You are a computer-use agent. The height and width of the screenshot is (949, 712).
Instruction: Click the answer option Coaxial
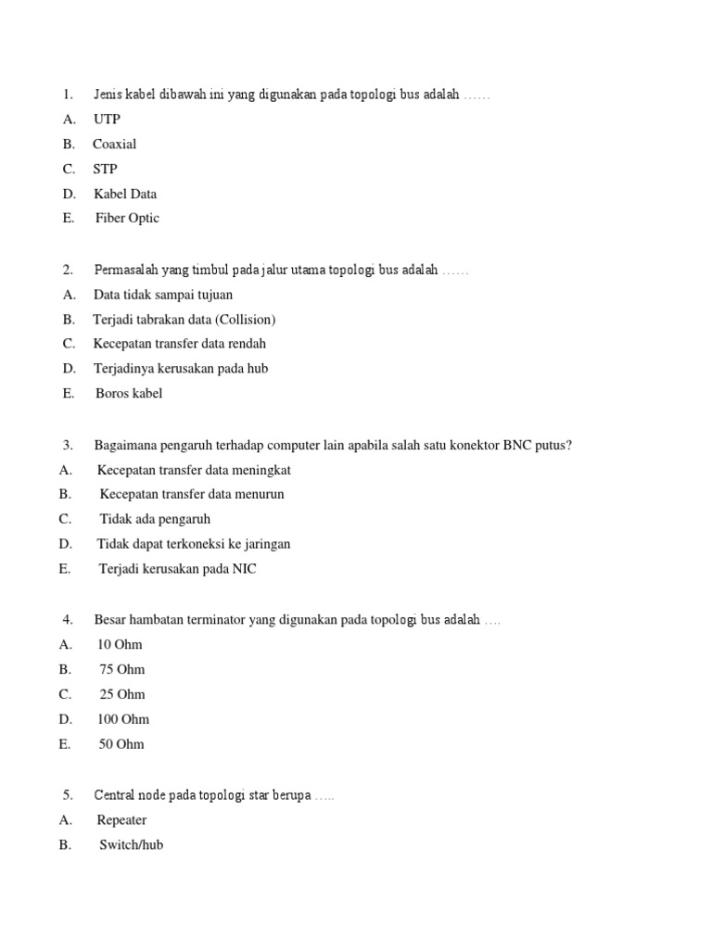click(114, 144)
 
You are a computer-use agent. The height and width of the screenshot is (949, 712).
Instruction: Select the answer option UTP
click(107, 119)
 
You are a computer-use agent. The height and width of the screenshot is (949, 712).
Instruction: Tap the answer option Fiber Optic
click(127, 218)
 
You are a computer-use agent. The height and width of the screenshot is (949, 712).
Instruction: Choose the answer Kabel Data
click(125, 194)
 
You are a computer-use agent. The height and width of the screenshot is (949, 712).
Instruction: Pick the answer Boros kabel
click(129, 393)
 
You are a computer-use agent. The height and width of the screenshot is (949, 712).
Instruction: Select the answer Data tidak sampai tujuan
click(163, 295)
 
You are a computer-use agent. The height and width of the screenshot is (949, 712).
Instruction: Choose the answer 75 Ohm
click(122, 669)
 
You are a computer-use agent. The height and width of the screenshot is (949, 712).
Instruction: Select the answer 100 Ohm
click(123, 719)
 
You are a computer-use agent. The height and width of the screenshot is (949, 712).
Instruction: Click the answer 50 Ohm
click(122, 744)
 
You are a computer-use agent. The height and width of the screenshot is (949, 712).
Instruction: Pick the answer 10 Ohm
click(120, 645)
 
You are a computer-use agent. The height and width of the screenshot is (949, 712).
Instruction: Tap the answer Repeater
click(121, 820)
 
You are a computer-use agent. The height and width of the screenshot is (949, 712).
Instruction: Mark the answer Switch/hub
click(132, 845)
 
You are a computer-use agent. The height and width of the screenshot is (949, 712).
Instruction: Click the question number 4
click(68, 619)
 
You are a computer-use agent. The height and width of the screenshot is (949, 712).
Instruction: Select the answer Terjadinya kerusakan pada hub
click(181, 368)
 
